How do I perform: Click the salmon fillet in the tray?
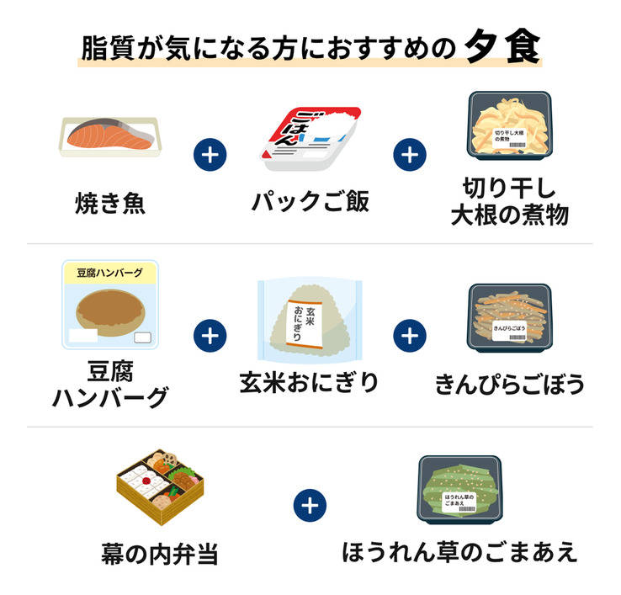click(x=110, y=135)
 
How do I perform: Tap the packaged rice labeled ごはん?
click(x=310, y=138)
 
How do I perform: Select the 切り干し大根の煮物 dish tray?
click(x=510, y=125)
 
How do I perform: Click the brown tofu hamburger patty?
click(x=110, y=313)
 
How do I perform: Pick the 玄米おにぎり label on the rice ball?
click(x=304, y=324)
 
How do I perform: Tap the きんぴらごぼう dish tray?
click(x=510, y=318)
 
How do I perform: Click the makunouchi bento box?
click(x=160, y=486)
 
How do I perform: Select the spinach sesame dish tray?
click(x=459, y=490)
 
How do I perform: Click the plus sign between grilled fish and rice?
click(x=210, y=155)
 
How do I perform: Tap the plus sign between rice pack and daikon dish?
click(x=410, y=155)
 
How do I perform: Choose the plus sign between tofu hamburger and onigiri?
click(x=210, y=336)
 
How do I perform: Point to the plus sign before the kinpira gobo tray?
click(x=410, y=336)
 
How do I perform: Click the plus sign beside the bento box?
click(x=310, y=506)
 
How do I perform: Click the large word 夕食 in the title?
click(x=502, y=47)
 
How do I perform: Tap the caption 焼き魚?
click(x=110, y=203)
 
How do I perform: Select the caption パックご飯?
click(x=310, y=202)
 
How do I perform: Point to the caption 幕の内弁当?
click(x=160, y=554)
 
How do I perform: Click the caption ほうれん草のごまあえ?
click(x=459, y=552)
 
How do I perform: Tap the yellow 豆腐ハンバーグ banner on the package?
click(x=109, y=273)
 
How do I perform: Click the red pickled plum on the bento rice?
click(x=146, y=481)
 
